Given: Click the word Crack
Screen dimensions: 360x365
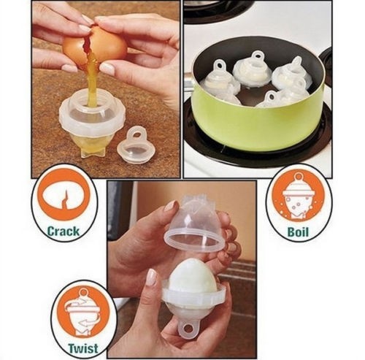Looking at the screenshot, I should (x=63, y=231).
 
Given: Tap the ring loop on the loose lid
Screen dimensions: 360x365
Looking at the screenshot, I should (x=135, y=134).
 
